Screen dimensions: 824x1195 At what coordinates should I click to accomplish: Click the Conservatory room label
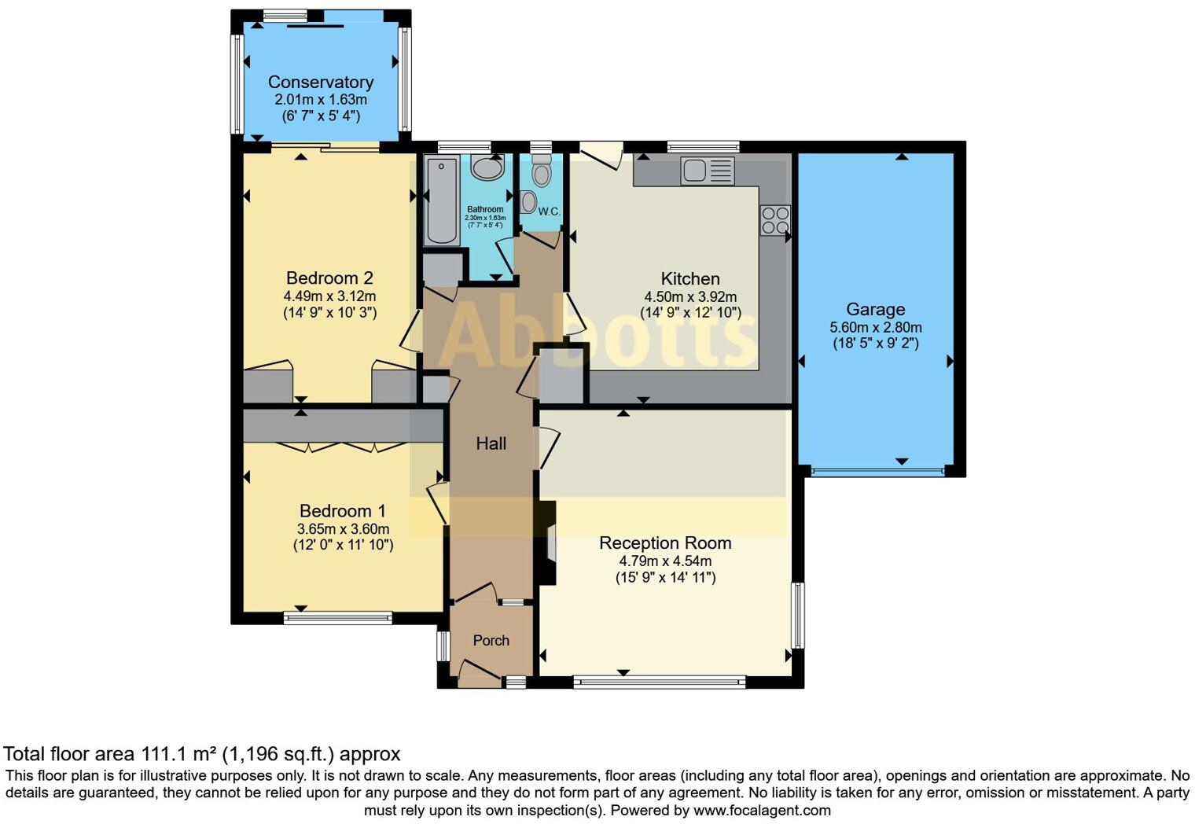tap(320, 82)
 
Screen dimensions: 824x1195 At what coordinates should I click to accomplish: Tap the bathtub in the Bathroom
tap(441, 201)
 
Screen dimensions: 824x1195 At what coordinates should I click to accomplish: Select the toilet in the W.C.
tap(542, 172)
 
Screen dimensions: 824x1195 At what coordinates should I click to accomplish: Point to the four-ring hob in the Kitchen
tap(774, 219)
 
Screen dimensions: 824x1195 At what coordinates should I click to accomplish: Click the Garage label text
tap(875, 309)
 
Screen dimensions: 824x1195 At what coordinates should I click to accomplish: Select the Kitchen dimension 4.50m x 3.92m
tap(690, 296)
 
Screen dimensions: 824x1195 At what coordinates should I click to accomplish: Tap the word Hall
tap(491, 443)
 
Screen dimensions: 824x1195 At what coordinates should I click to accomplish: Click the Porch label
tap(491, 640)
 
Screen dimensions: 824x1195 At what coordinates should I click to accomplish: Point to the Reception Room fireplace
tap(549, 543)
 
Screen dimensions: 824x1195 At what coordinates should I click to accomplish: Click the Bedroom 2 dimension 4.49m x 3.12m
tap(329, 296)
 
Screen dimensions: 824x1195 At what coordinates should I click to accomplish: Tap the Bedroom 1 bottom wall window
tap(337, 618)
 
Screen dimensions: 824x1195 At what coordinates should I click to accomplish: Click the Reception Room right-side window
tap(798, 615)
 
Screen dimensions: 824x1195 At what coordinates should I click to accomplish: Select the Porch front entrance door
tap(480, 673)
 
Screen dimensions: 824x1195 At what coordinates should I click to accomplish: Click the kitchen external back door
tap(601, 154)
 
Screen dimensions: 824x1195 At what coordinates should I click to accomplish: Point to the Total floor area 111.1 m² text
tap(202, 754)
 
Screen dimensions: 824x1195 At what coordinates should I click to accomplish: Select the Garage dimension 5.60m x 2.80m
tap(875, 327)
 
